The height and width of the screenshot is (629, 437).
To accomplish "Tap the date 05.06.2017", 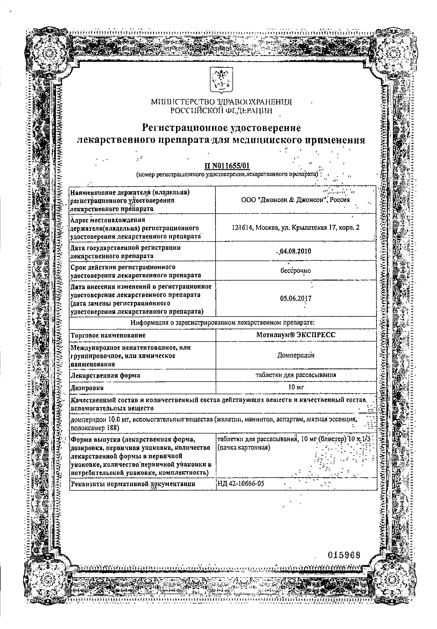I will click(296, 298).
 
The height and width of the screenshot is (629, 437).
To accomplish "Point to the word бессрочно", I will click(296, 271).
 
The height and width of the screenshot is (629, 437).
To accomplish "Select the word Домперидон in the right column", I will click(296, 355).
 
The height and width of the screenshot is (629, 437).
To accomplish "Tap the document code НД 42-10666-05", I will click(241, 484).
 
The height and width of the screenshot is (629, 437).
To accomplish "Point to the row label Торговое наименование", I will click(108, 335).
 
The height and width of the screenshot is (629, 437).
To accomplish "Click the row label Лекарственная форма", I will click(105, 375).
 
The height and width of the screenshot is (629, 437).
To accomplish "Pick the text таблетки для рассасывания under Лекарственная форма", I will click(296, 375).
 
